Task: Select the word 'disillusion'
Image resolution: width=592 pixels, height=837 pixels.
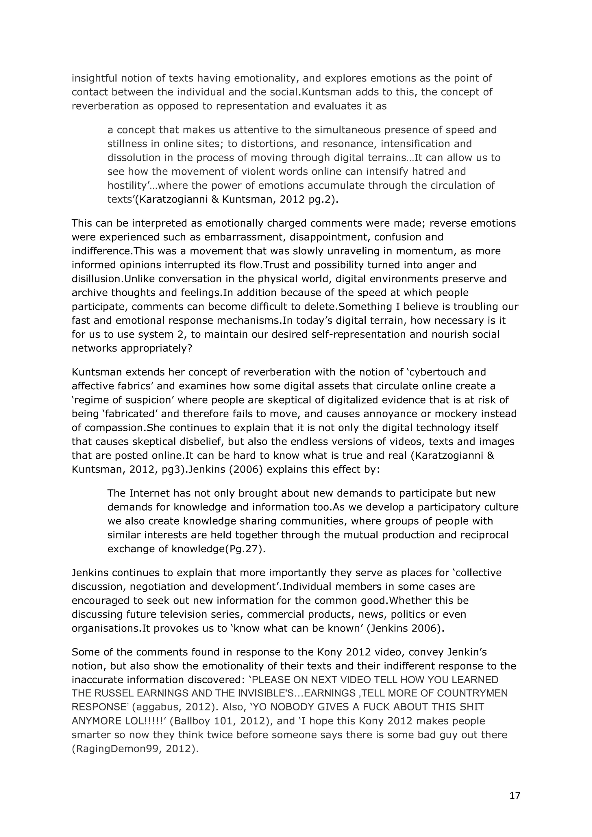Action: coord(96,279)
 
